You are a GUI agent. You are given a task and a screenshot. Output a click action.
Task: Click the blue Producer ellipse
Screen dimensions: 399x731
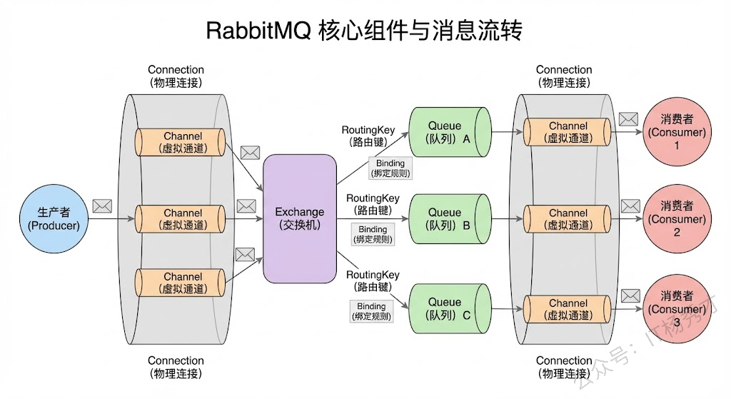click(x=54, y=218)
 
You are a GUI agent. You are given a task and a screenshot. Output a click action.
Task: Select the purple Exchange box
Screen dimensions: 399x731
click(x=300, y=218)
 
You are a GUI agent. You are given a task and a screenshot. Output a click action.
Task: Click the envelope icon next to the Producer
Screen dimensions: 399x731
click(x=102, y=206)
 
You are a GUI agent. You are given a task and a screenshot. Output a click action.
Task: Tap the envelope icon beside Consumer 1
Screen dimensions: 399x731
click(x=628, y=118)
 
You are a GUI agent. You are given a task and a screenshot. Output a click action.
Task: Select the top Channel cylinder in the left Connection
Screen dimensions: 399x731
click(x=182, y=142)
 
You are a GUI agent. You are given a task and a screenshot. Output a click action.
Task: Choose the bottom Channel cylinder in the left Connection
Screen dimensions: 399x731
click(x=182, y=283)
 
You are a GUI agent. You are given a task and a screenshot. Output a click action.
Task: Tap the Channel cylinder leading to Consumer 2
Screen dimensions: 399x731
click(x=568, y=218)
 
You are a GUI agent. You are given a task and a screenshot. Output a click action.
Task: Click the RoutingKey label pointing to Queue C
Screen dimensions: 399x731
click(x=373, y=281)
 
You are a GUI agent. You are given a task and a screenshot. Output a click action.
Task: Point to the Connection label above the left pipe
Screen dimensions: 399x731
click(x=176, y=76)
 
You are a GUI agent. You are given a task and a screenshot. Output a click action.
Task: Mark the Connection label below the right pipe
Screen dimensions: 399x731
click(x=564, y=367)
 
